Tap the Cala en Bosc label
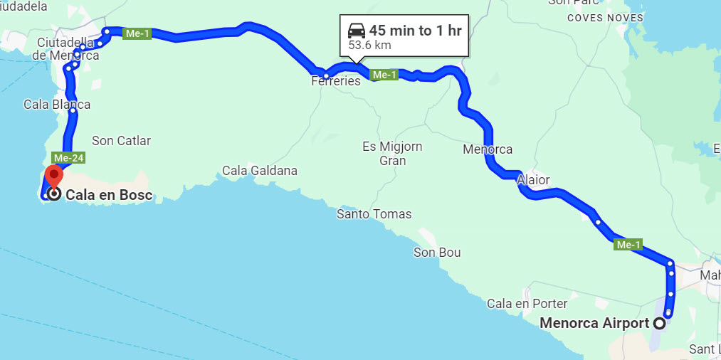tap(109, 194)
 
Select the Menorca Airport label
tap(594, 322)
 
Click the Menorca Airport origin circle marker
tap(659, 323)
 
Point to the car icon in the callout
tap(357, 31)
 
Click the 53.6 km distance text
tap(369, 46)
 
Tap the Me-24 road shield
tap(63, 157)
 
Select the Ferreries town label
tap(336, 81)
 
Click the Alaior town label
tap(534, 179)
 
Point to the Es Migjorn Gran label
tap(392, 154)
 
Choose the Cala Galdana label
tap(260, 171)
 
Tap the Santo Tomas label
tap(374, 213)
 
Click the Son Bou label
tap(437, 253)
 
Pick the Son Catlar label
tap(122, 141)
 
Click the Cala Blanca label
tap(57, 105)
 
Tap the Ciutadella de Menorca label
tap(68, 48)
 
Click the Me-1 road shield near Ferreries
tap(384, 75)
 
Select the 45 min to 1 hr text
tap(415, 31)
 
